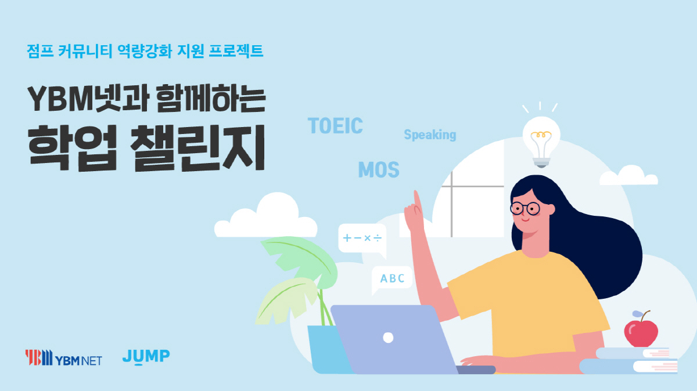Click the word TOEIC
[335, 125]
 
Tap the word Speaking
[430, 135]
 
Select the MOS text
[379, 170]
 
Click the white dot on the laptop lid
[388, 338]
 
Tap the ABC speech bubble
[391, 279]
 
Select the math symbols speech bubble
[362, 238]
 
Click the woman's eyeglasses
[526, 209]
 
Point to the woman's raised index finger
[416, 199]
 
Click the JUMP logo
[146, 357]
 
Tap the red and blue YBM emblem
[38, 357]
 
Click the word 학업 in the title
[72, 148]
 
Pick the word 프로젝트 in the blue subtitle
[236, 51]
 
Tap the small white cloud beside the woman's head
[628, 176]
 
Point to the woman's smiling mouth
[526, 220]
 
